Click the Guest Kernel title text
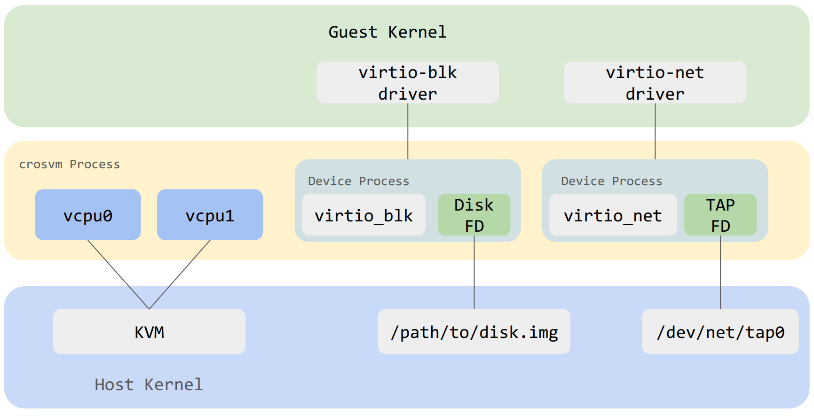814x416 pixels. click(387, 32)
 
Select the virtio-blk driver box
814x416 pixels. click(407, 83)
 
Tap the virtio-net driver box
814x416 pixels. click(655, 83)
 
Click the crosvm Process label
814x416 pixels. click(70, 164)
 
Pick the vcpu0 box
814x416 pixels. click(88, 215)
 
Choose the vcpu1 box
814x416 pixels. click(210, 215)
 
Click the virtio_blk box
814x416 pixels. click(364, 215)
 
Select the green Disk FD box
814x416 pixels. click(474, 215)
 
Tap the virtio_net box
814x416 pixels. click(613, 215)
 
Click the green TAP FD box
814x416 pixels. click(720, 215)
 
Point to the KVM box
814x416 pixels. click(149, 332)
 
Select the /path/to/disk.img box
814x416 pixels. click(474, 332)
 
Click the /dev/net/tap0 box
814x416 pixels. click(720, 332)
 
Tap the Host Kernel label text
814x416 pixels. click(149, 385)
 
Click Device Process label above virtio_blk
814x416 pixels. click(358, 181)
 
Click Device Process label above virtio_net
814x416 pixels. click(611, 181)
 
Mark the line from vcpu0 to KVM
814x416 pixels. click(119, 275)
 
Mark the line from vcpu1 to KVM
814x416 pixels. click(180, 275)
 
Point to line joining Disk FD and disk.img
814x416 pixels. click(474, 273)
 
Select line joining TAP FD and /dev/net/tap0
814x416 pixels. click(720, 273)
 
